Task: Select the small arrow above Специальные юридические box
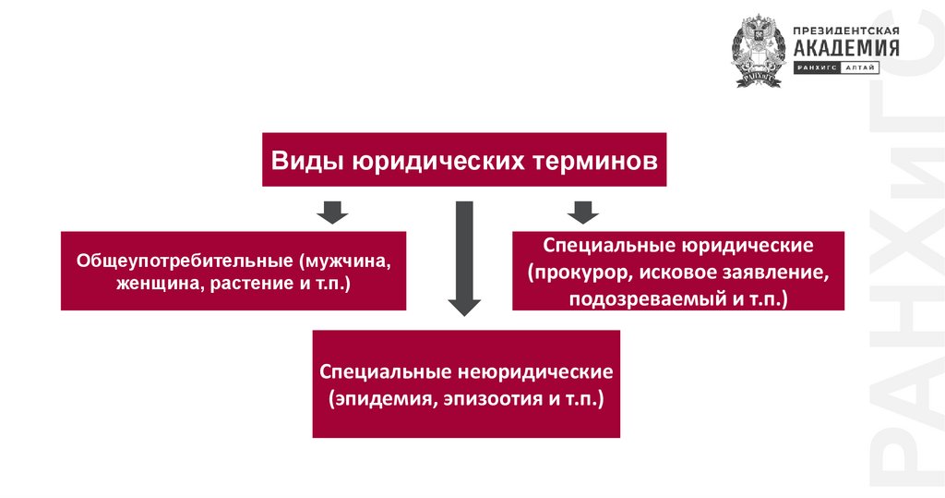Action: (x=581, y=212)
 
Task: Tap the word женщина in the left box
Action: (x=152, y=282)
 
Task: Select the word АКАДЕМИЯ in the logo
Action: (x=845, y=48)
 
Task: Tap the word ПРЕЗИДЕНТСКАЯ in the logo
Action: (x=845, y=30)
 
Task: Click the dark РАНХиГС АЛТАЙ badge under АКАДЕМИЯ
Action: (x=836, y=68)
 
